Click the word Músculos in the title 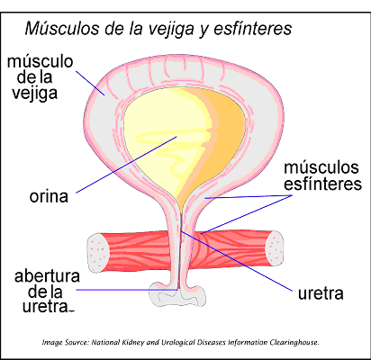point(62,28)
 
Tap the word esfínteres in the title point(252,28)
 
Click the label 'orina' point(49,197)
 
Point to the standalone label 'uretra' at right point(321,293)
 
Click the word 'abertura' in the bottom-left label point(47,276)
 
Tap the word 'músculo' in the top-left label point(40,61)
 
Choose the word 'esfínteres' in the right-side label point(322,184)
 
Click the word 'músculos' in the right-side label point(321,167)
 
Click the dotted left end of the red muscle point(97,253)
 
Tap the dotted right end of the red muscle point(275,248)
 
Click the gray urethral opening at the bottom point(177,295)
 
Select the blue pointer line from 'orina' point(126,165)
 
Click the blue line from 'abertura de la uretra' point(128,290)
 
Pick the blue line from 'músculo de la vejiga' point(90,83)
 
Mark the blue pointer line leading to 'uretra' point(237,261)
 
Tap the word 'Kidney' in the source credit point(134,342)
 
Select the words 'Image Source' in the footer point(66,342)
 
